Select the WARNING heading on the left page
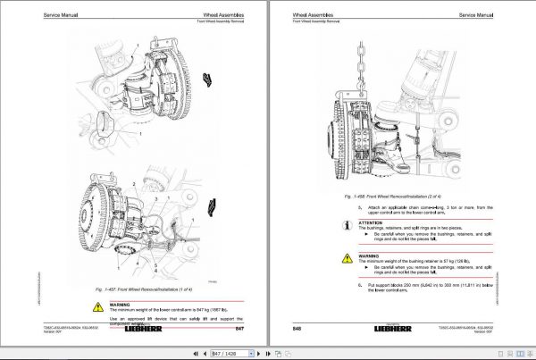tap(121, 299)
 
